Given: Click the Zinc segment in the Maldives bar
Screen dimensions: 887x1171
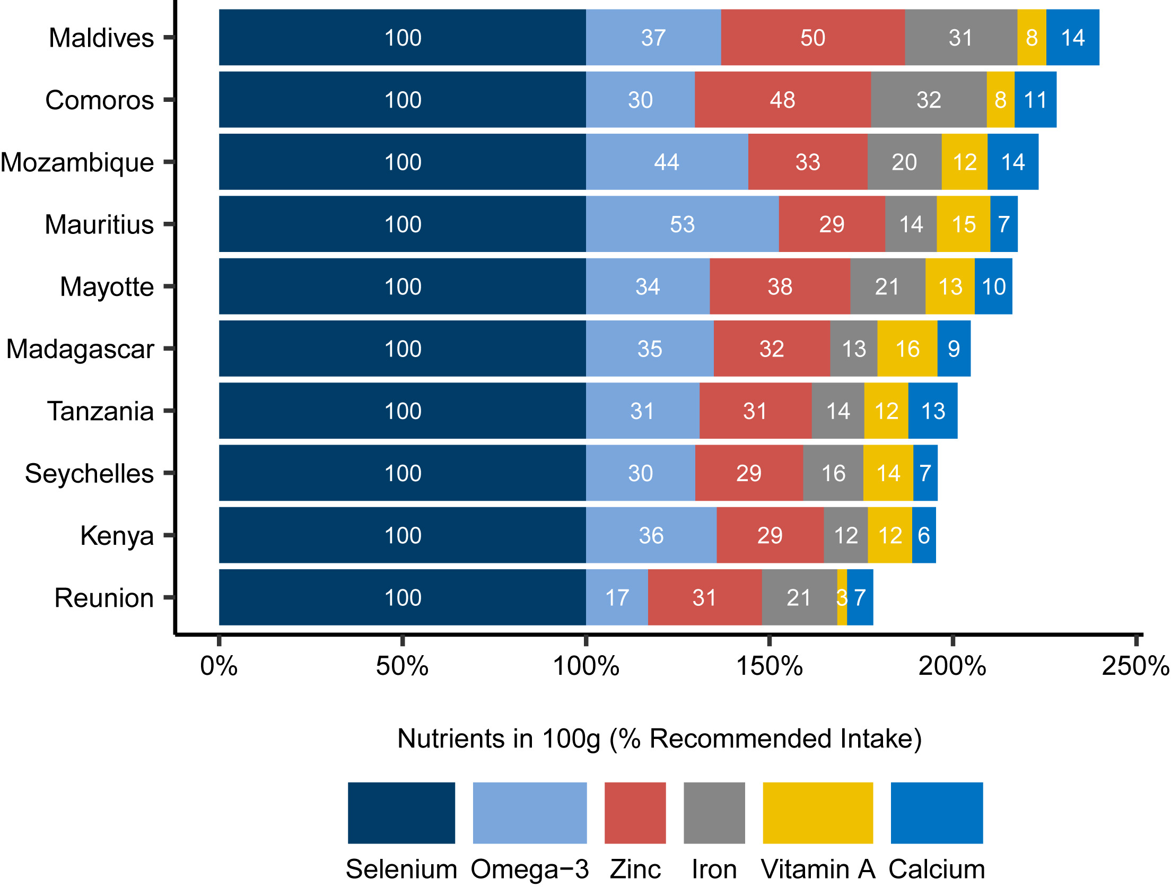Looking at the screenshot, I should click(812, 38).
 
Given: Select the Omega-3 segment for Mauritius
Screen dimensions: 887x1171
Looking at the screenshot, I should click(682, 224).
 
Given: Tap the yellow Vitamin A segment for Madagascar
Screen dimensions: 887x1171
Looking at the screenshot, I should click(907, 349).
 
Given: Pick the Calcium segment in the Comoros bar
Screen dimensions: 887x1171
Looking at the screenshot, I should click(1035, 100).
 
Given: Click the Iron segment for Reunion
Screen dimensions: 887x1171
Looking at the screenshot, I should click(799, 598).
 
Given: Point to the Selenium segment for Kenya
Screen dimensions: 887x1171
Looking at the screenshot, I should click(403, 535).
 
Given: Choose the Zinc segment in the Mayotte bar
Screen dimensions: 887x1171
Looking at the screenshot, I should click(780, 287).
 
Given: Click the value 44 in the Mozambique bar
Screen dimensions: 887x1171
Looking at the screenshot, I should click(666, 162).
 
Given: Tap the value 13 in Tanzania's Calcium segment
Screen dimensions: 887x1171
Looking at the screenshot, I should click(933, 411).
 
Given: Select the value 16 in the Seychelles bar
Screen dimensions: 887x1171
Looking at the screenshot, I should click(833, 473).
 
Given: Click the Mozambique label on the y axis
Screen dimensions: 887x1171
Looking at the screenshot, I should click(77, 162).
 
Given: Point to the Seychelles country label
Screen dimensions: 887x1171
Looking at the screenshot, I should click(89, 473).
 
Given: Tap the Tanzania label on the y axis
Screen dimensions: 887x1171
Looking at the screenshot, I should click(100, 411).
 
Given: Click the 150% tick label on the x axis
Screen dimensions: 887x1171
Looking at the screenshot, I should click(769, 666).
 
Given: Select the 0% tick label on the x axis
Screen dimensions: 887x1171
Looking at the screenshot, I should click(219, 666).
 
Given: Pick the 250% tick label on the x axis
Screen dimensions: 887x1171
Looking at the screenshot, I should click(1135, 666).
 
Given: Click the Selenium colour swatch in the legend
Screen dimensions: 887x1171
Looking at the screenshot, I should click(401, 813).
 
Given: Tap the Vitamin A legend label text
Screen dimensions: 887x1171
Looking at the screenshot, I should click(818, 869).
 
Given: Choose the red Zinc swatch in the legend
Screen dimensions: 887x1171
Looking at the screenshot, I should click(635, 813).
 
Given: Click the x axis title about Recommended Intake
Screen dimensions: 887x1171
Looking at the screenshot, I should click(659, 738).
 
